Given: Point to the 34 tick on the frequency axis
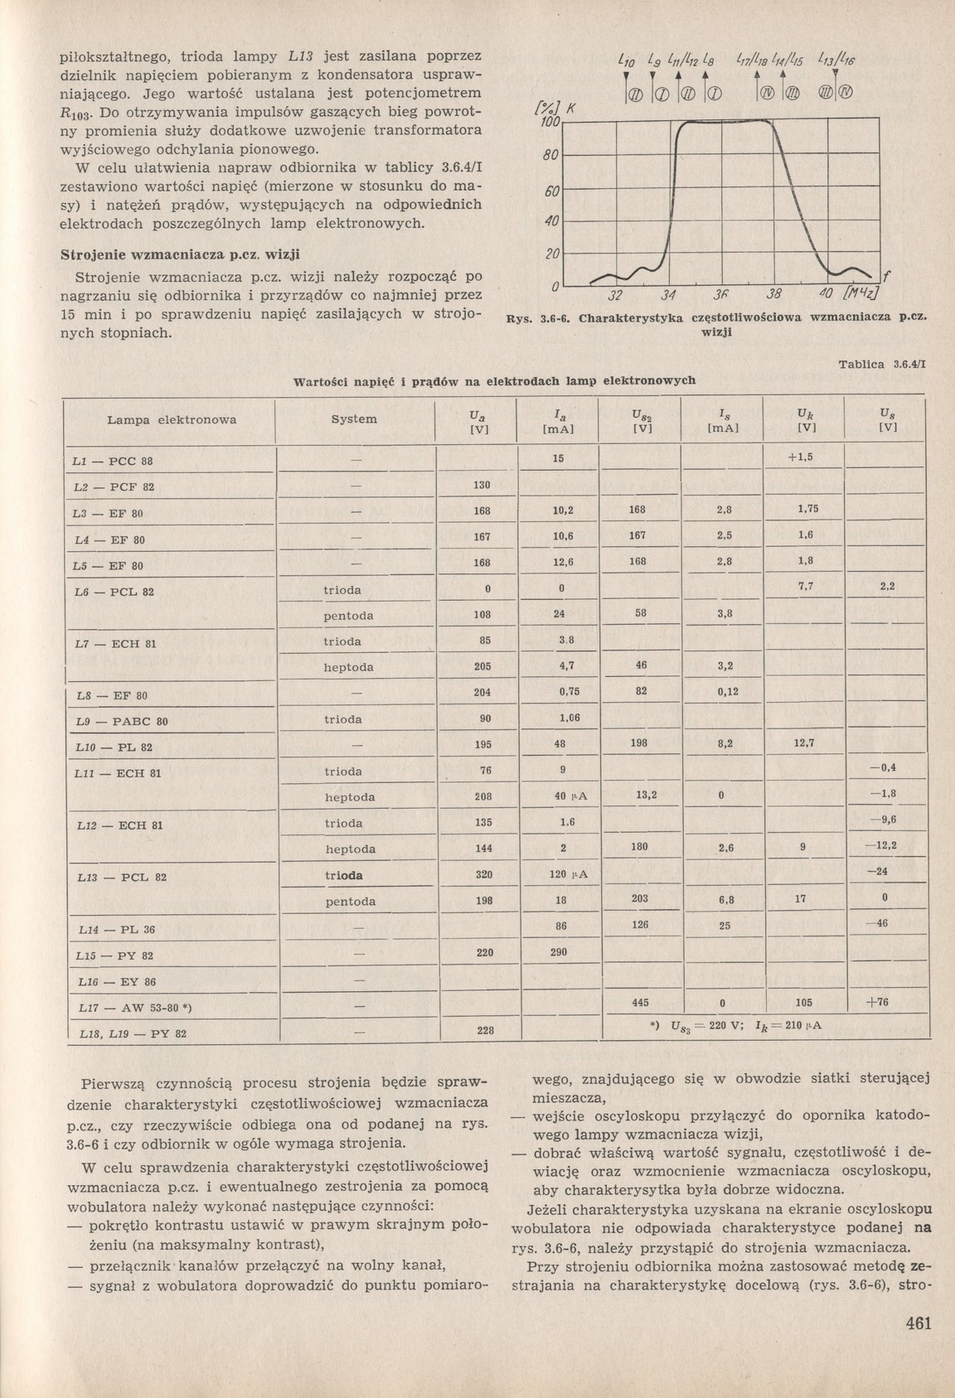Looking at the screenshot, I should click(669, 297).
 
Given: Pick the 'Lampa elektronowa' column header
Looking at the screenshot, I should click(172, 419).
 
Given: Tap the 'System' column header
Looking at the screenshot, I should click(354, 419).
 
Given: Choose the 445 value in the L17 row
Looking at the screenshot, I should click(639, 1003).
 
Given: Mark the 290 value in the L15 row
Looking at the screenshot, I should click(559, 952).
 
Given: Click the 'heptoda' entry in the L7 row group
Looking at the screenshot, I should click(348, 667).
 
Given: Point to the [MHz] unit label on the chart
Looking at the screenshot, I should click(860, 296).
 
